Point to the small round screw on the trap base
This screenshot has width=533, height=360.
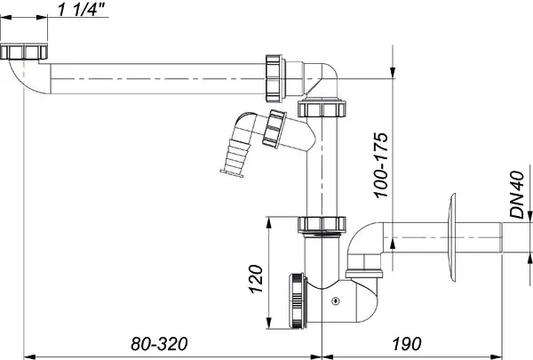(x=334, y=302)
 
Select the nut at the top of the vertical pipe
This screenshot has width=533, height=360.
(x=321, y=108)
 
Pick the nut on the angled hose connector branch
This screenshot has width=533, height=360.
(x=275, y=128)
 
